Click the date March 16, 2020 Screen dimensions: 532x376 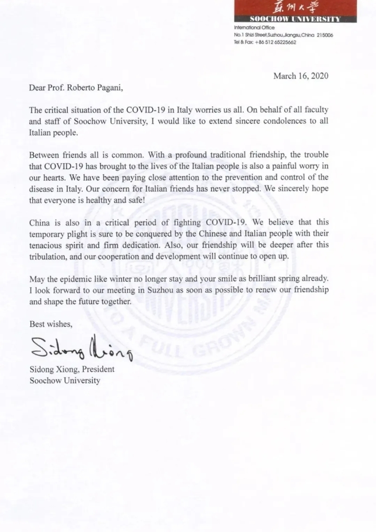301,76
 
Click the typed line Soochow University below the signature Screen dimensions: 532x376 64,381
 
